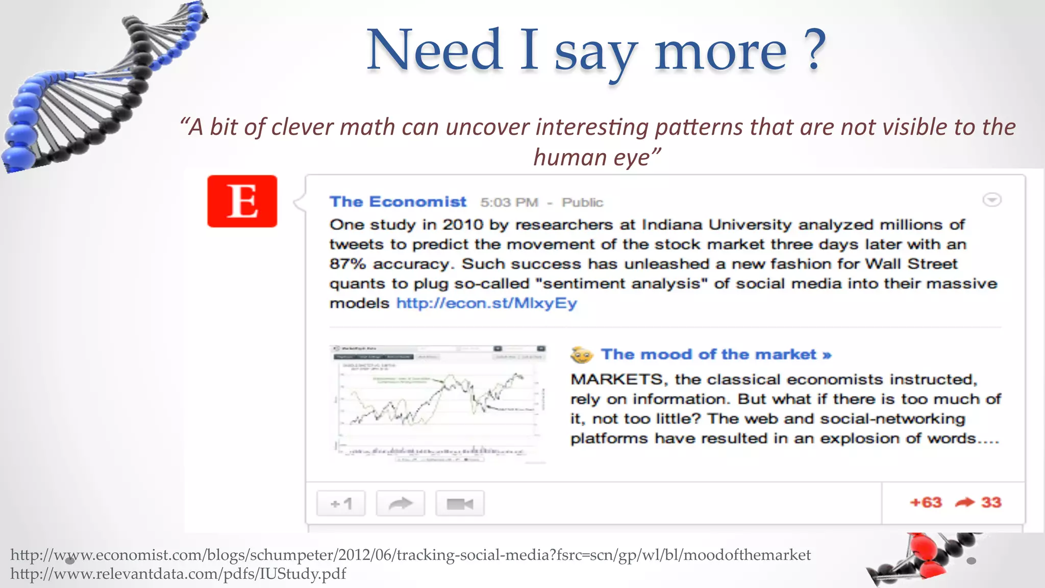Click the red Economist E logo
(x=242, y=201)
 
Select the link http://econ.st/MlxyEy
(x=486, y=303)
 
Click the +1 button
(x=341, y=504)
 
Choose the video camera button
(x=459, y=504)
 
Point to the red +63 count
(x=926, y=502)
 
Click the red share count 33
(x=991, y=502)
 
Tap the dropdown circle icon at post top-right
(x=991, y=200)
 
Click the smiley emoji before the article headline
(x=582, y=355)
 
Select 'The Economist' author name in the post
(x=398, y=202)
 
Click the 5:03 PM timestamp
(x=509, y=203)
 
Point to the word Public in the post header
(x=582, y=203)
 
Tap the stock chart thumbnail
(x=438, y=403)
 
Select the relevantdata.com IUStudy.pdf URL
(x=178, y=574)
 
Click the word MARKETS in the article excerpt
(x=616, y=379)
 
